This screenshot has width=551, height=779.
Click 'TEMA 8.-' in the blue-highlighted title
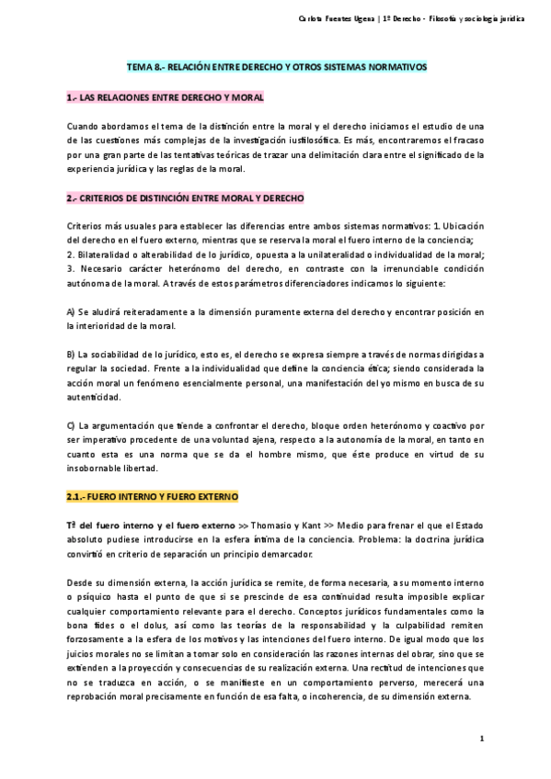click(x=141, y=68)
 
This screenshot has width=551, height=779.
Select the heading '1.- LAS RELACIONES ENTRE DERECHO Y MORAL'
click(x=165, y=96)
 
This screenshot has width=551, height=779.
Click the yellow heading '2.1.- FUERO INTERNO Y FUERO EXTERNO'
click(x=152, y=495)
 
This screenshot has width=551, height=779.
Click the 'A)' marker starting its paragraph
click(x=72, y=312)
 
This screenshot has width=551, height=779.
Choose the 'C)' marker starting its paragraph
click(x=72, y=425)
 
